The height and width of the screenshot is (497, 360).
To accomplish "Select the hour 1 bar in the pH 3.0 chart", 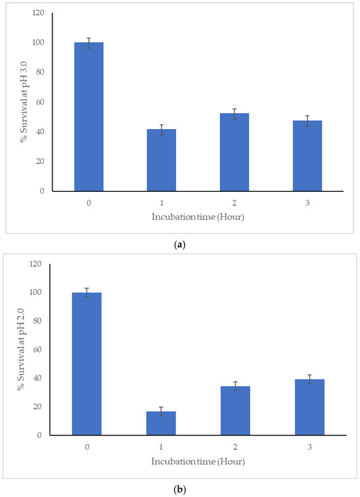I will point(161,160).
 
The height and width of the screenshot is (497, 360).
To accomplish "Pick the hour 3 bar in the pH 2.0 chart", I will point(310,407).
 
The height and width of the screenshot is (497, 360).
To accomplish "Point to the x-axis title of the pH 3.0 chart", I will point(197,215).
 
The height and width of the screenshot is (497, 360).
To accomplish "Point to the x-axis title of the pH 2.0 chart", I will point(198,460).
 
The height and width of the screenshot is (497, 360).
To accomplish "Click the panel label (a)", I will point(179,244).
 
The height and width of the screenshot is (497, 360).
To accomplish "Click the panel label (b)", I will point(179,488).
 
